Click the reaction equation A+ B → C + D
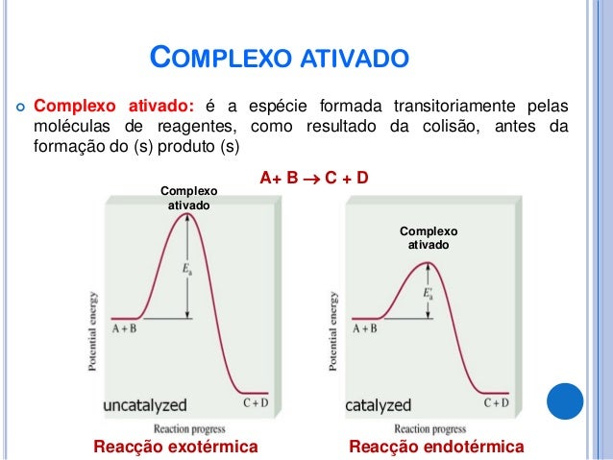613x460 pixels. [315, 179]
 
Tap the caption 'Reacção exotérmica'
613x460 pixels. [175, 447]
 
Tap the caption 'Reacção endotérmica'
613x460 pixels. [437, 447]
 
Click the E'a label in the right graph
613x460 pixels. [429, 294]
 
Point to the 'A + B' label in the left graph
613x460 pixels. [124, 328]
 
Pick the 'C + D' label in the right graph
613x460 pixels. [497, 402]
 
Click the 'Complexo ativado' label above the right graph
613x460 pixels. [429, 238]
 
